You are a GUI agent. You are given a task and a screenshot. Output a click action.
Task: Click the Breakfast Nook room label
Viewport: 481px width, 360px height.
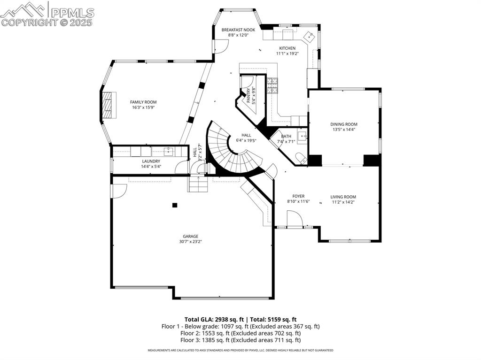coord(238,30)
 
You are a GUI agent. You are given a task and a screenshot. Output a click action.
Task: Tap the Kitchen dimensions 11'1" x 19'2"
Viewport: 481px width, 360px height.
coord(287,54)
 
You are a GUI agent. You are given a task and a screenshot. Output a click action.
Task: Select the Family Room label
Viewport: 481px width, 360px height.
coord(143,102)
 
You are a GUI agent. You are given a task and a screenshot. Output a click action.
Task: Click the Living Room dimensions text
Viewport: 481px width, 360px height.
coord(343,202)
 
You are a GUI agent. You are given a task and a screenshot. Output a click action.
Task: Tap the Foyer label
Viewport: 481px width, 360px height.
coord(298,196)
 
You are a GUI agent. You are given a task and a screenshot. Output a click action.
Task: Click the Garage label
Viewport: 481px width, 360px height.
coord(190,236)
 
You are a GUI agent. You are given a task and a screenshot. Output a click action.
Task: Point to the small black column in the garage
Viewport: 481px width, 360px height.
coord(175,205)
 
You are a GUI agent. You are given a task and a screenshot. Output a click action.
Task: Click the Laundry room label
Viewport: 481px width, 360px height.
coord(151,161)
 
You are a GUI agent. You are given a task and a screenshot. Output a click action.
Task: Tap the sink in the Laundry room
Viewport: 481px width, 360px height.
coord(168,151)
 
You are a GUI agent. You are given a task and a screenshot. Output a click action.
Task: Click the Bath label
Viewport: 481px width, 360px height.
coord(286,136)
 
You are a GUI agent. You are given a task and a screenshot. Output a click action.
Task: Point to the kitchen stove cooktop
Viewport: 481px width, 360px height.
coord(273,85)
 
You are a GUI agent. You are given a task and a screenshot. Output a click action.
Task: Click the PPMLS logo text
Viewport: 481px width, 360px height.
coord(72,13)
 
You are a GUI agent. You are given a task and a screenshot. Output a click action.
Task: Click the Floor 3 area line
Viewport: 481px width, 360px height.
coord(231,340)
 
